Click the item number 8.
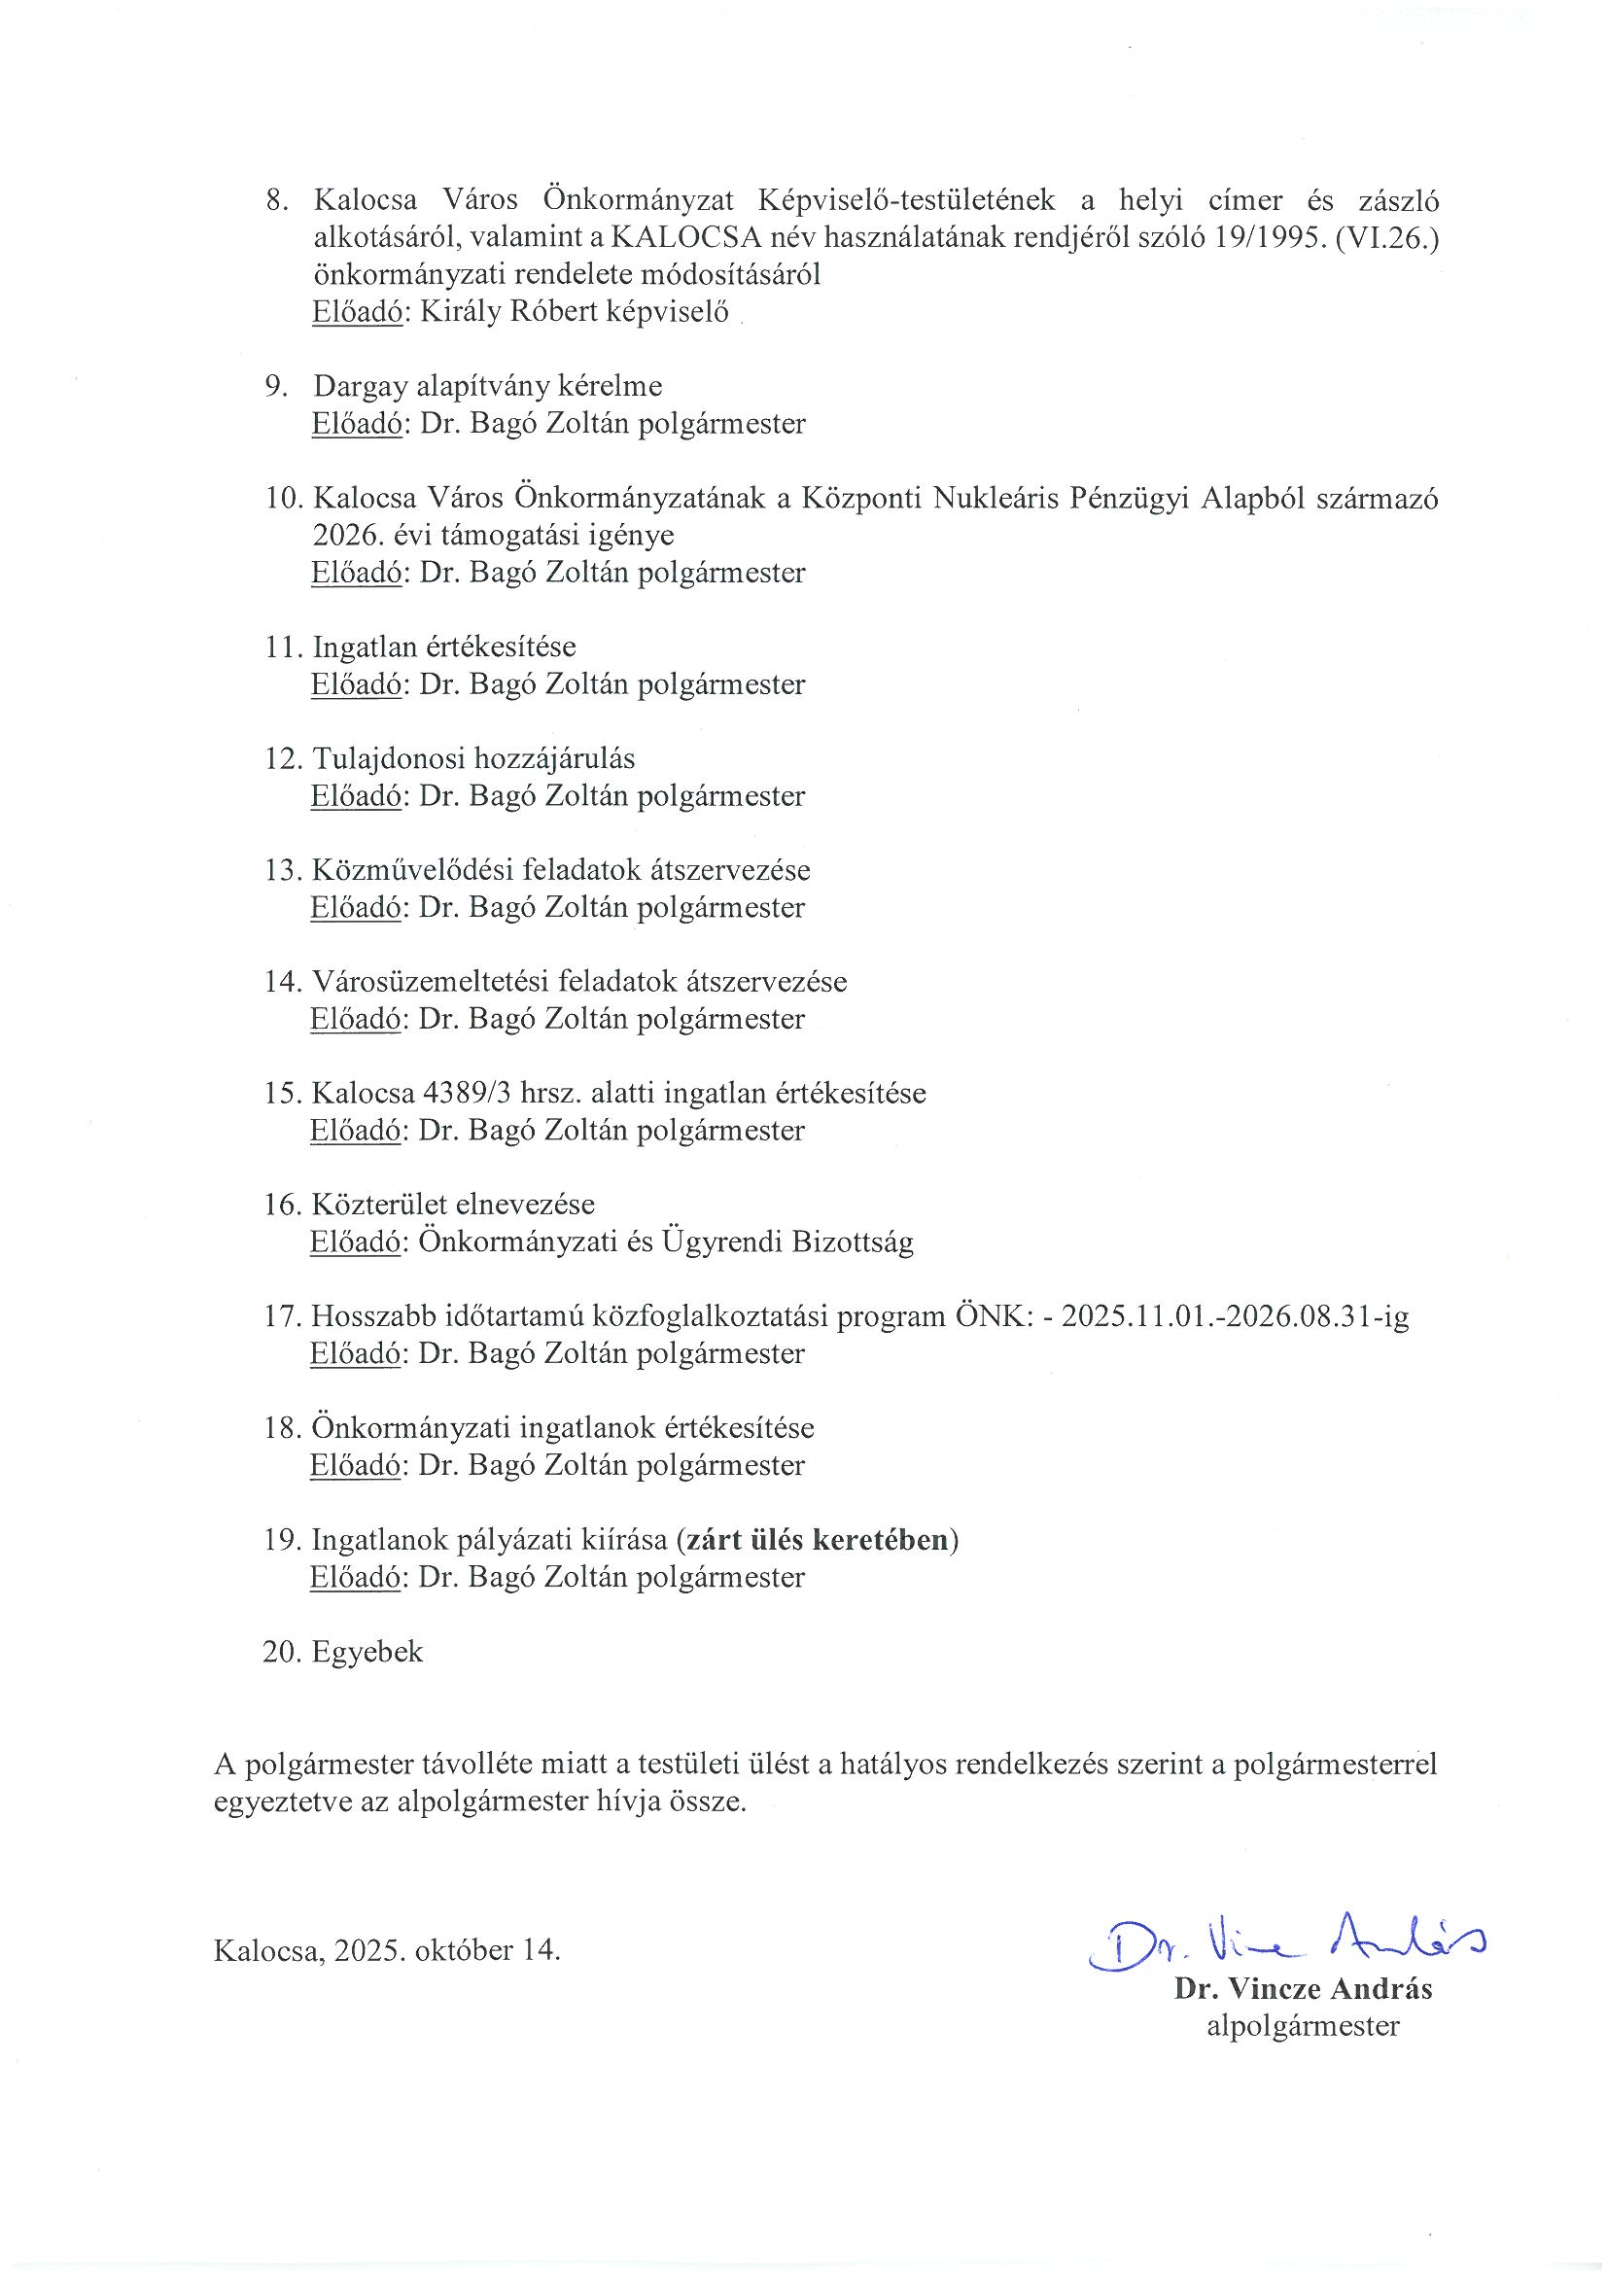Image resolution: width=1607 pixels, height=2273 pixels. (x=276, y=201)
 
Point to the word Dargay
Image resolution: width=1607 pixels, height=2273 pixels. (x=361, y=386)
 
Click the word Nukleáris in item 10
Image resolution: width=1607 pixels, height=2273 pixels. (x=998, y=498)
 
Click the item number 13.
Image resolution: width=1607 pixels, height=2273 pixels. (x=282, y=870)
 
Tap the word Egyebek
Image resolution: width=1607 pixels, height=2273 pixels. (x=367, y=1653)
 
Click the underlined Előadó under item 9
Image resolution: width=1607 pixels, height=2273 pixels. (x=357, y=424)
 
